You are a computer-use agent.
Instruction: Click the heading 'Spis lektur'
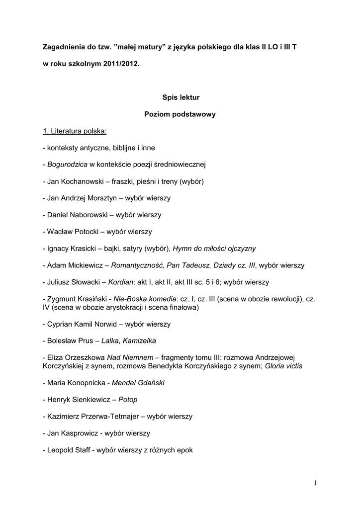coord(180,97)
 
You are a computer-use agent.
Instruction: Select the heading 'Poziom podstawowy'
coord(180,114)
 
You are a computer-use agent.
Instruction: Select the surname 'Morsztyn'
coord(99,198)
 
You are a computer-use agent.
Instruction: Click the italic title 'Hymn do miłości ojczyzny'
coord(214,248)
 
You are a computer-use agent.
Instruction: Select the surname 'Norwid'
coord(101,324)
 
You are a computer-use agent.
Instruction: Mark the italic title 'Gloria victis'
coord(283,366)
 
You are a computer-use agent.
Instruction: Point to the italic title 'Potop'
coord(128,400)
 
